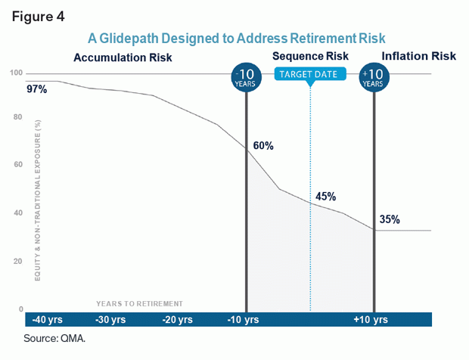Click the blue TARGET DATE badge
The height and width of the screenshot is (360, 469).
pyautogui.click(x=310, y=74)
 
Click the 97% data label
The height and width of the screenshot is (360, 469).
pyautogui.click(x=36, y=89)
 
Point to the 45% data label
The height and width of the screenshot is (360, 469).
pyautogui.click(x=325, y=197)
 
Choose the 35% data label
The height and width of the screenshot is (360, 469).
pyautogui.click(x=390, y=220)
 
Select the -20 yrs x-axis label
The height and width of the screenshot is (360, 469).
pyautogui.click(x=178, y=320)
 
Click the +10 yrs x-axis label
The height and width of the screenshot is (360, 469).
pyautogui.click(x=371, y=320)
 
